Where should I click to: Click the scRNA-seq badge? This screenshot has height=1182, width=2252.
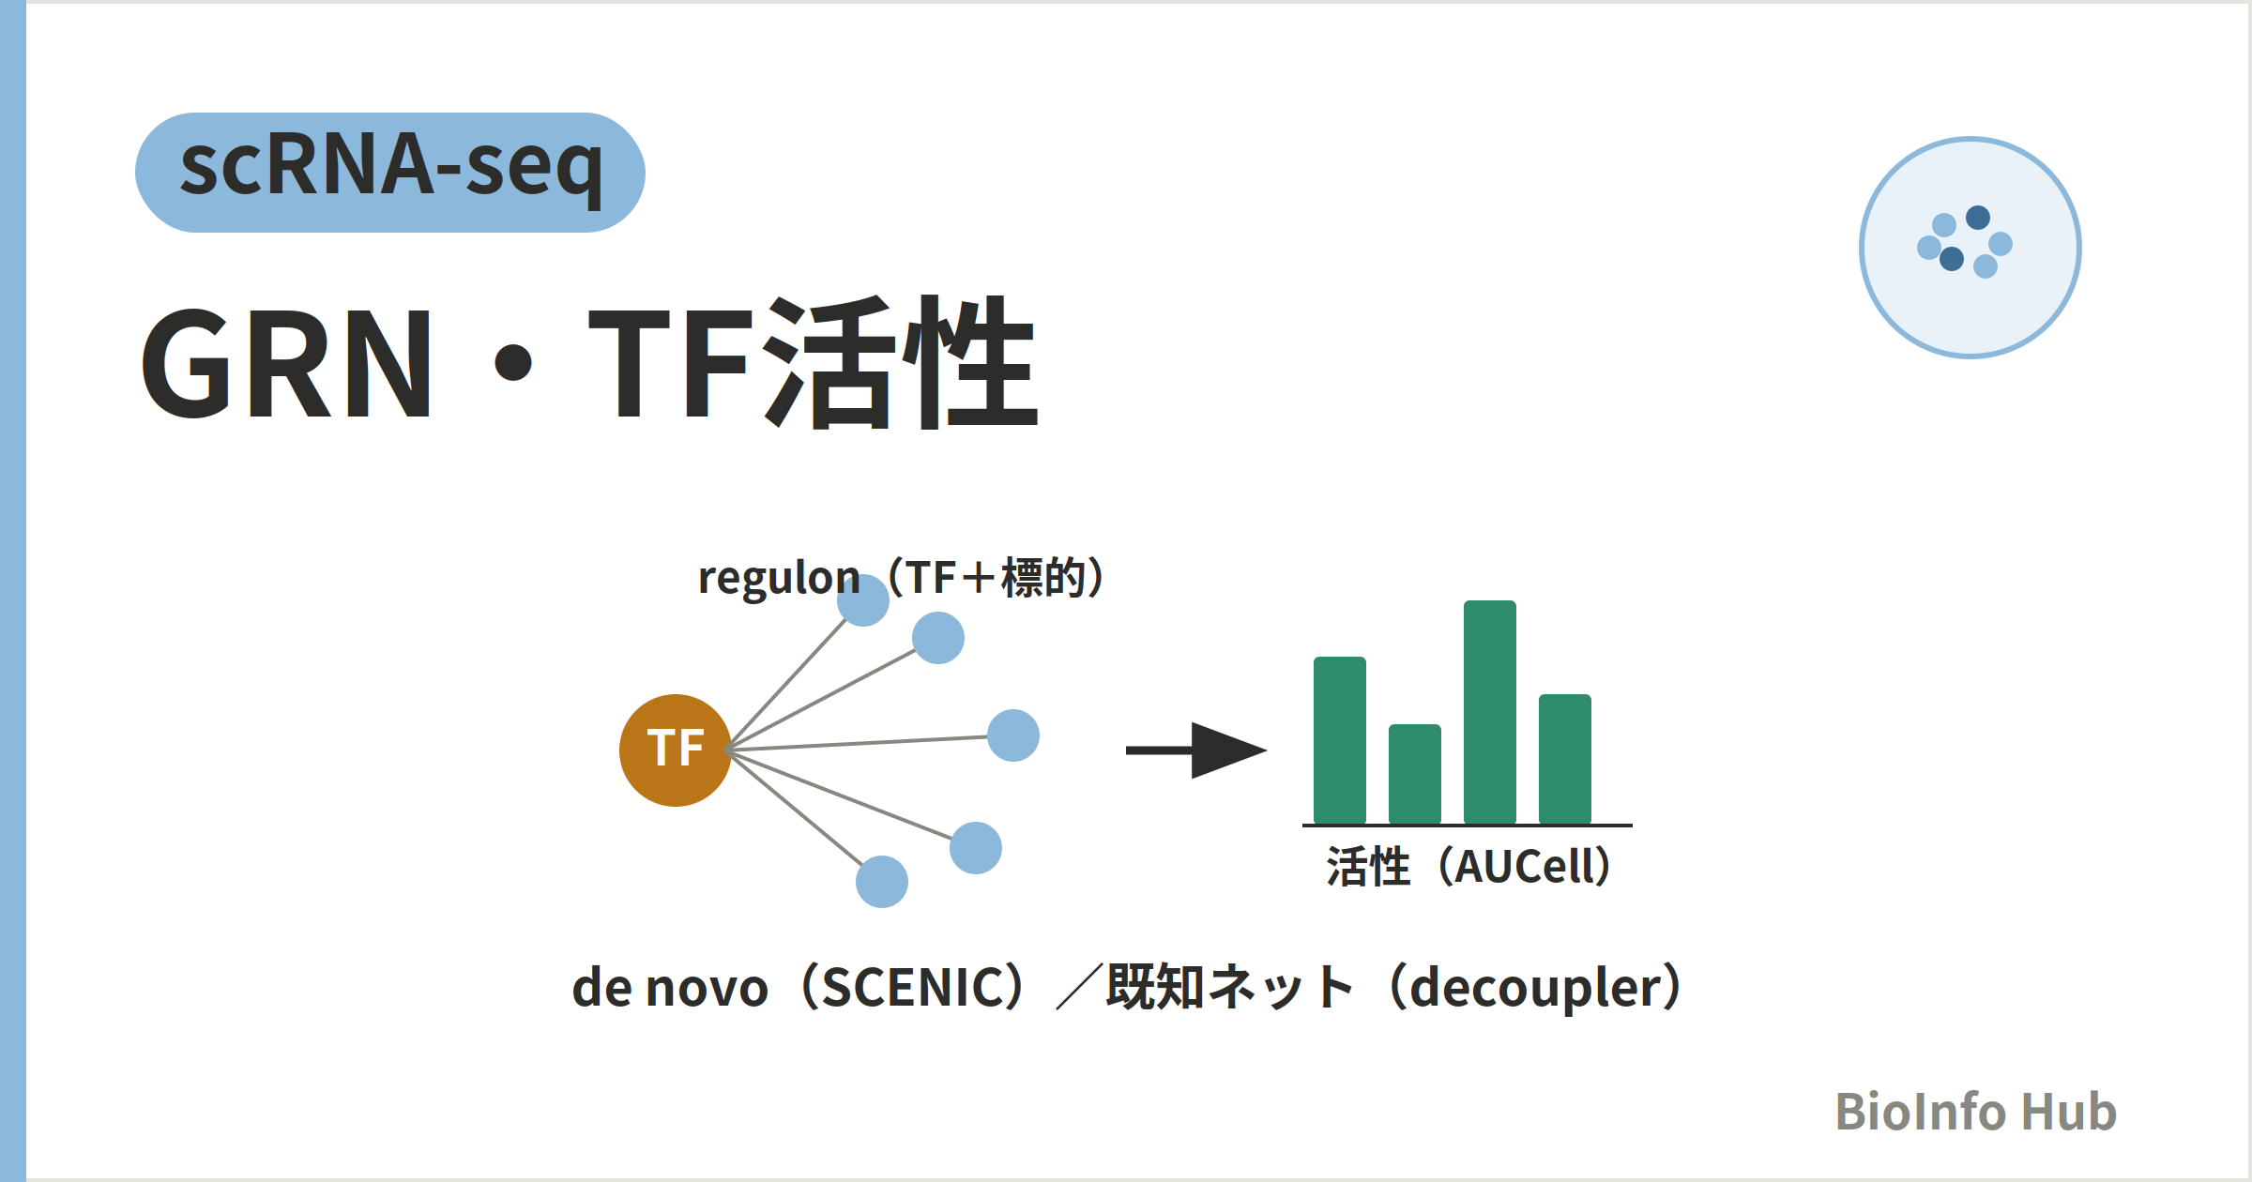(x=390, y=173)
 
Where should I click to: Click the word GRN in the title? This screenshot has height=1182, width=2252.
(x=287, y=364)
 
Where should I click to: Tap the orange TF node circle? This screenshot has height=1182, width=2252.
(x=676, y=750)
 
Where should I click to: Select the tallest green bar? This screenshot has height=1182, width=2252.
(x=1490, y=712)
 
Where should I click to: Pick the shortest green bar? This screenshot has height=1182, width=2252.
(x=1415, y=774)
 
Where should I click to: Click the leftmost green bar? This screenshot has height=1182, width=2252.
(x=1340, y=740)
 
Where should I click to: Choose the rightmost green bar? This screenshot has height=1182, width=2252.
(x=1565, y=759)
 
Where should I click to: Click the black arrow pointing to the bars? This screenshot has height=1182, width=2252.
(x=1196, y=750)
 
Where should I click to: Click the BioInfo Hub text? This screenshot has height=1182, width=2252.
(x=1976, y=1112)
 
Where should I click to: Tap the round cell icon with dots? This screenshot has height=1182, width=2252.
(x=1970, y=248)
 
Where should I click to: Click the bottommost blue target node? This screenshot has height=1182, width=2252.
(x=882, y=882)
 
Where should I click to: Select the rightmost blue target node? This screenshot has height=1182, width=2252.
(x=1013, y=735)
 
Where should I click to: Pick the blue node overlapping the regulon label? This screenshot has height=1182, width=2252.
(x=863, y=600)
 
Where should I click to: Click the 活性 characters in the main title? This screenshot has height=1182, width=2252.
(x=901, y=362)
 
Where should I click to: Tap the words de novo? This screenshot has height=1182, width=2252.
(x=670, y=988)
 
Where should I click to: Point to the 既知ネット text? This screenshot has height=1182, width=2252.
(x=1230, y=988)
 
